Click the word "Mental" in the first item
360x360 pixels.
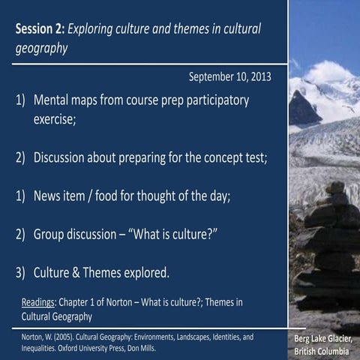(x=55, y=100)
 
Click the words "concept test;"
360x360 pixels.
(x=232, y=157)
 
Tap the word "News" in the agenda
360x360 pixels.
(x=49, y=196)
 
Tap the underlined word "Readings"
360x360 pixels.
(x=40, y=302)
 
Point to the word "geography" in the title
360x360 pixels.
(x=41, y=49)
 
